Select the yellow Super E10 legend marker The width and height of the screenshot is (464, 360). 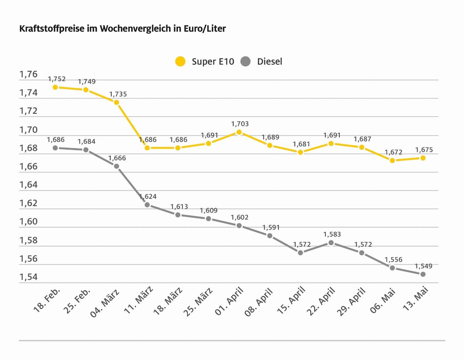coord(180,62)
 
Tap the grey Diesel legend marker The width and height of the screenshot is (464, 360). coord(245,62)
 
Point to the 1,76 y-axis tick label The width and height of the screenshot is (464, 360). coord(28,74)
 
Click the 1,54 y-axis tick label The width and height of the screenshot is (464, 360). coord(28,277)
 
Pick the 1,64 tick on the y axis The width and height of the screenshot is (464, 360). coord(28,185)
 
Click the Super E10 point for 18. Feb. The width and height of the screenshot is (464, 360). coord(55,87)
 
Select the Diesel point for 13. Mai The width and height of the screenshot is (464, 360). coord(423,274)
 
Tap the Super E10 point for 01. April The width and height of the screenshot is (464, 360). coord(239,132)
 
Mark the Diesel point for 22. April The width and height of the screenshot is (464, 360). coord(331,243)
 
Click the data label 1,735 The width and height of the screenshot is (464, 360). coord(118,94)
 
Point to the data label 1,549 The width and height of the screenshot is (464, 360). coord(423,266)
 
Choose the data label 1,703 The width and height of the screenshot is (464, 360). coord(240,124)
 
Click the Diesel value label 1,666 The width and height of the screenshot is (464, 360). coord(117,158)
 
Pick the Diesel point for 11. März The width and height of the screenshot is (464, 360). coord(147,205)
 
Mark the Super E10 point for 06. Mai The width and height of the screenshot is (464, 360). coord(392,160)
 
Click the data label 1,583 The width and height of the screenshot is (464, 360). coord(332,234)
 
